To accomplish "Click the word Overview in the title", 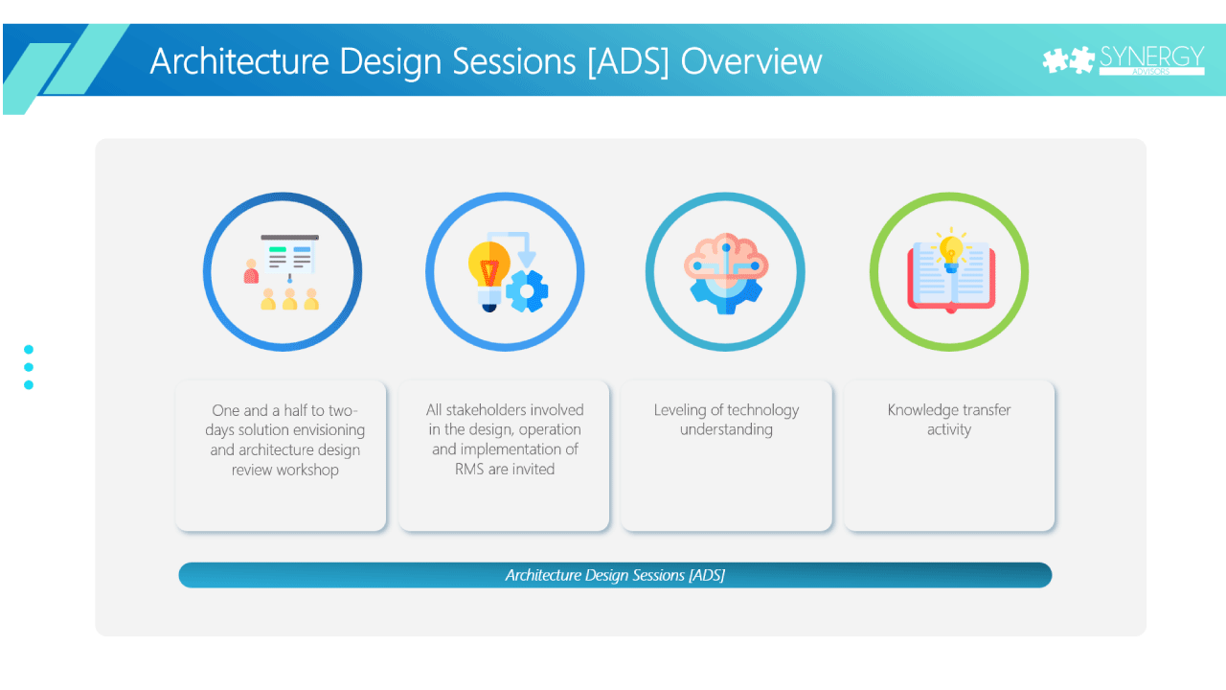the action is coord(751,60).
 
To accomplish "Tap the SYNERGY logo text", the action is coord(1151,57).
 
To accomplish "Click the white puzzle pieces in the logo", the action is coord(1068,59).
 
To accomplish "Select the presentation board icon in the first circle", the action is coord(289,258).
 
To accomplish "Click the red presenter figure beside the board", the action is coord(251,271).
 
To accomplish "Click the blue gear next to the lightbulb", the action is coord(527,291).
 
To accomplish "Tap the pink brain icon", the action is coord(726,274).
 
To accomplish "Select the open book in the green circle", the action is coord(951,277).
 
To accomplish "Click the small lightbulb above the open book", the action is coord(951,251).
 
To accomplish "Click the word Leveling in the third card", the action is coord(680,410).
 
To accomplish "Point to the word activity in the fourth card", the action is coord(949,430).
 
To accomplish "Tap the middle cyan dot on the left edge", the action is coord(29,367).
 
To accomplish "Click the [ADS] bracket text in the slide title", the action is coord(627,61).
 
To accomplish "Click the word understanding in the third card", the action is coord(726,430).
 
